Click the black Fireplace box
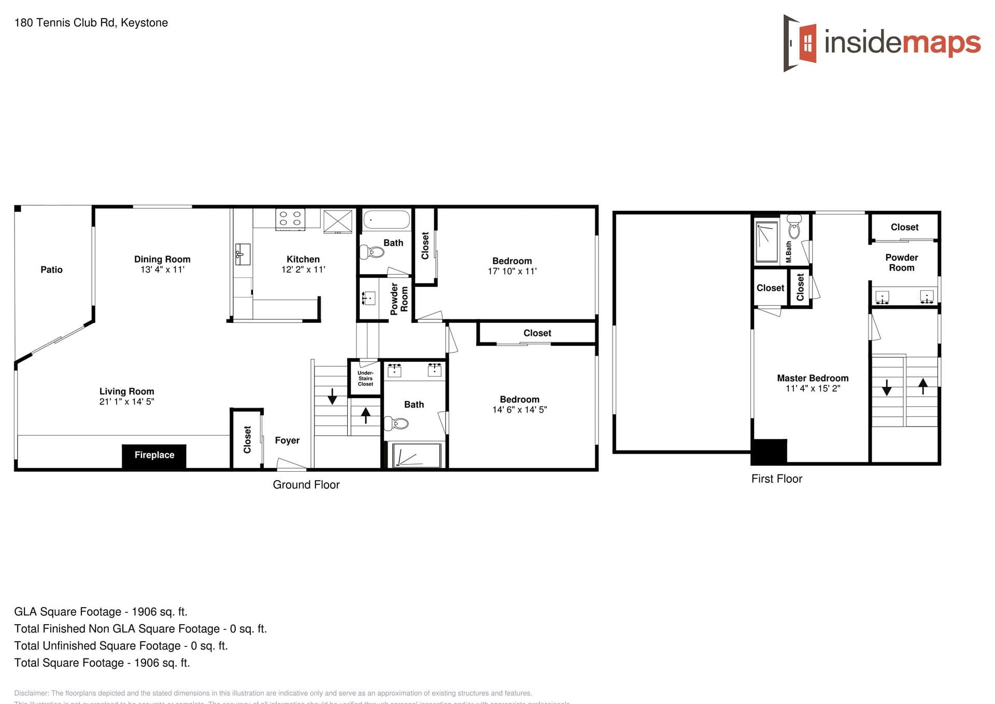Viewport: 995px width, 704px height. [154, 456]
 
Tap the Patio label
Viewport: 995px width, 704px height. [51, 270]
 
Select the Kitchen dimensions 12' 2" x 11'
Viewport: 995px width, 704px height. [303, 270]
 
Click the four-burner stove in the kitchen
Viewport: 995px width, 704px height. [290, 218]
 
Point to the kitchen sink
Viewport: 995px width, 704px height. [242, 254]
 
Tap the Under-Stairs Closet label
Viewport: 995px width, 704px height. [365, 378]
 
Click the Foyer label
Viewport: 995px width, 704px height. [287, 440]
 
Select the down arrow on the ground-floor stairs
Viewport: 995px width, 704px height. [332, 396]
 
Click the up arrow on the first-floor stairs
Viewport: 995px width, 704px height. [923, 386]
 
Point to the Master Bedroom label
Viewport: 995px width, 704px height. [813, 378]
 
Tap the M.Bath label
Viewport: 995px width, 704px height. [789, 251]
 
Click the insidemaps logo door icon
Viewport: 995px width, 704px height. [801, 43]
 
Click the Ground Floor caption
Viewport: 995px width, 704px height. [306, 485]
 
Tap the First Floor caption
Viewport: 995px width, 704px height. [776, 479]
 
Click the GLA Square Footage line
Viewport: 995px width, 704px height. [101, 612]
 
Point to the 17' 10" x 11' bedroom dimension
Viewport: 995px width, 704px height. [512, 271]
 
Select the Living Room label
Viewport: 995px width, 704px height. [126, 391]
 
